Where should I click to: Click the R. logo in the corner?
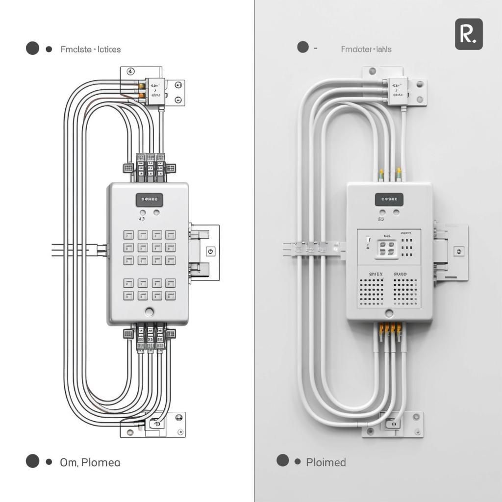tap(469, 34)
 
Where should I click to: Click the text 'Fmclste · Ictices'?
tap(91, 49)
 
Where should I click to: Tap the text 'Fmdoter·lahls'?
tap(366, 49)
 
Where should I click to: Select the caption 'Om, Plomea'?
tap(90, 462)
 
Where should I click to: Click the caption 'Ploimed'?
tap(326, 462)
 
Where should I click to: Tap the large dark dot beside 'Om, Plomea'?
tap(32, 461)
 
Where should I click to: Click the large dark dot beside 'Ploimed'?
tap(283, 460)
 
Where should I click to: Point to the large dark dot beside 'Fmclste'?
tap(32, 48)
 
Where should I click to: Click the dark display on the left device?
tap(149, 200)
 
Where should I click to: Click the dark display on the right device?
tap(389, 200)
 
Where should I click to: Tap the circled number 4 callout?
tap(130, 72)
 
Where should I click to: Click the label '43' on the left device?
tap(142, 219)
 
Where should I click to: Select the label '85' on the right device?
tap(381, 220)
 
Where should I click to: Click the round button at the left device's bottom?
tap(149, 311)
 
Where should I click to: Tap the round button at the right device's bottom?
tap(389, 313)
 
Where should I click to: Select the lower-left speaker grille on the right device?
tap(372, 292)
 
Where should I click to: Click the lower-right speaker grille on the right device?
tap(405, 292)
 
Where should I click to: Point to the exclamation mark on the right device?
tap(368, 242)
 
